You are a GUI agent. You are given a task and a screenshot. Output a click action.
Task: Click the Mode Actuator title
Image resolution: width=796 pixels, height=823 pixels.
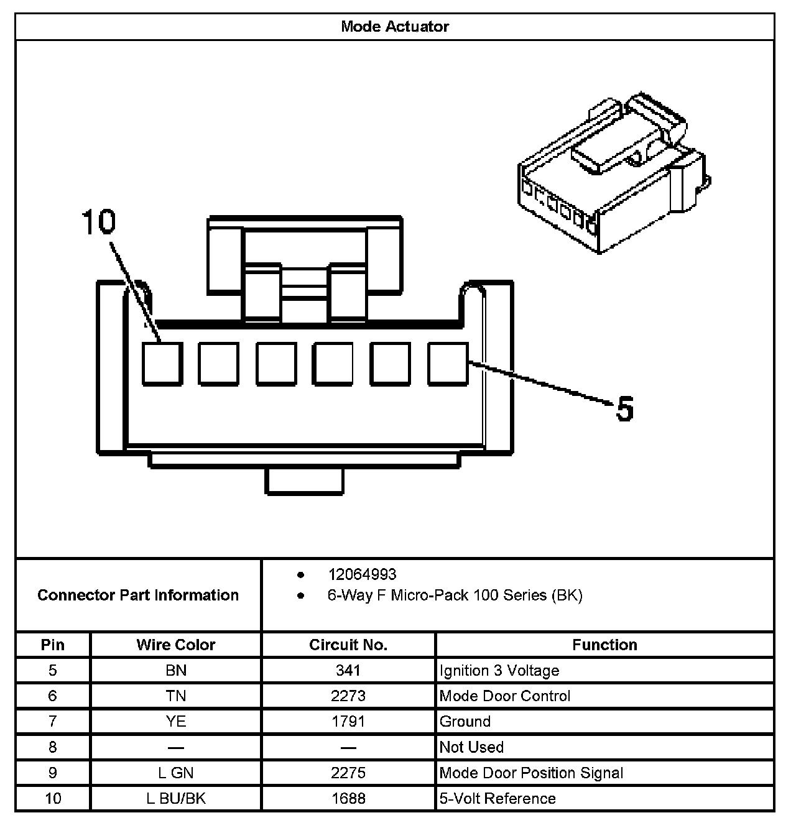click(395, 27)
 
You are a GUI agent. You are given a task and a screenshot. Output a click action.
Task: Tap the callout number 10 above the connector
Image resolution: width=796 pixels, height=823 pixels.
click(99, 222)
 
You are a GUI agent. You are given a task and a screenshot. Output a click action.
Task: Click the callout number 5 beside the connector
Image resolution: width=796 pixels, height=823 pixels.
click(624, 409)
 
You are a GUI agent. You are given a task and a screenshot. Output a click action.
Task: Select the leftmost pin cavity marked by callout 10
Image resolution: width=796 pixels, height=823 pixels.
click(162, 364)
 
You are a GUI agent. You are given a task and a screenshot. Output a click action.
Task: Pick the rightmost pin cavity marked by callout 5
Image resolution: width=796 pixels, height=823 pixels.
click(448, 364)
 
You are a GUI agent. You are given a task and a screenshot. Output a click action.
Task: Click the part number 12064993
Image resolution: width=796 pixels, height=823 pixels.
click(362, 574)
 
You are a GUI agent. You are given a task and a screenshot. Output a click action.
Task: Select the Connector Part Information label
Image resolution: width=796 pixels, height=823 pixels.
click(138, 595)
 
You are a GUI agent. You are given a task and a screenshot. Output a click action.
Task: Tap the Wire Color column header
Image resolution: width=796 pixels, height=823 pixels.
click(176, 645)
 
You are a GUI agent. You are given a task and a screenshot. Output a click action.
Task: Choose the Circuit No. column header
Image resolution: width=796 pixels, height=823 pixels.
click(348, 645)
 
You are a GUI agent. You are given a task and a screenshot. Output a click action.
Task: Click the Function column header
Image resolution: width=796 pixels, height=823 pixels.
click(604, 645)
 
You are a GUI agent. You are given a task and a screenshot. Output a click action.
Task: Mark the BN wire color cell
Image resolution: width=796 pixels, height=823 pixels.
click(176, 671)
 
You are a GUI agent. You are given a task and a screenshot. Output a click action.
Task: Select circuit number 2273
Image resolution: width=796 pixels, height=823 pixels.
click(348, 696)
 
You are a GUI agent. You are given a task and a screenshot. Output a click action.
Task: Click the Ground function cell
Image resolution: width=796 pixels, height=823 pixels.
click(465, 722)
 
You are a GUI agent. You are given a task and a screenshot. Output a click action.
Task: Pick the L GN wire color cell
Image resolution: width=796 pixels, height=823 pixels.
click(176, 773)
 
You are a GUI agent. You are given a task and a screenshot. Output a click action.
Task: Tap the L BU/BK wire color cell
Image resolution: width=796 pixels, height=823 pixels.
click(176, 798)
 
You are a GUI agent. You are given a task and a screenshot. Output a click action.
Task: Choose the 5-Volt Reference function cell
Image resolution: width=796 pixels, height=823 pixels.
click(497, 798)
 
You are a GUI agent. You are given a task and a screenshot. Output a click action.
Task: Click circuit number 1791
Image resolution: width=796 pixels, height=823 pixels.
click(348, 722)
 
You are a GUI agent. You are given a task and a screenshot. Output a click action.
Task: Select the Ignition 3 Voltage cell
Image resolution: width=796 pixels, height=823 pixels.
click(499, 671)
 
